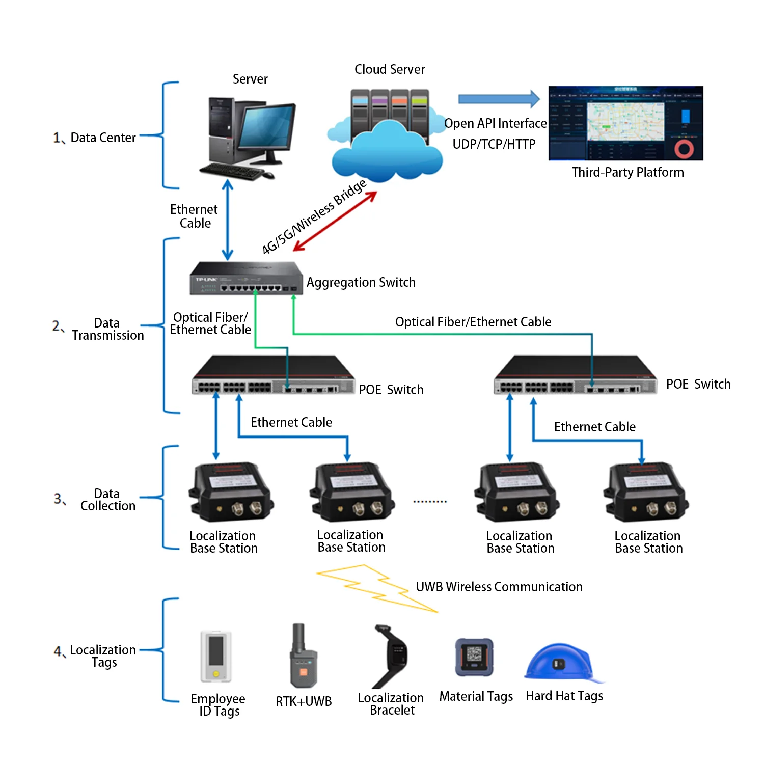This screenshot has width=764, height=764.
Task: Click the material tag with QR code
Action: click(x=474, y=657)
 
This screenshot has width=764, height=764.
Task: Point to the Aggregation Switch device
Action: click(x=245, y=279)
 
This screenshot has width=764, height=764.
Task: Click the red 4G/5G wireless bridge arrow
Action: click(x=335, y=222)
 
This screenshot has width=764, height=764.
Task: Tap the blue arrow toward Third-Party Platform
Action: click(x=498, y=99)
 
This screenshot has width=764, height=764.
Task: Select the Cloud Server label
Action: click(x=390, y=69)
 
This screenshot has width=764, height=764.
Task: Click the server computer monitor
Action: click(x=267, y=127)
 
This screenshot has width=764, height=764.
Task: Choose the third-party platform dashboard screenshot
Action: click(x=625, y=123)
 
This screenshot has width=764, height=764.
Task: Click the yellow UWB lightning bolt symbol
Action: click(x=377, y=588)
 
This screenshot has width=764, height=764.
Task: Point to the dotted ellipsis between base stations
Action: click(x=430, y=502)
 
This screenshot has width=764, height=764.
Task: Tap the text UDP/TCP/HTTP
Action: click(x=494, y=144)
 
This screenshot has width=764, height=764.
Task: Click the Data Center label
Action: click(x=103, y=138)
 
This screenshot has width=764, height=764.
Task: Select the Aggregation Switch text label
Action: click(x=361, y=282)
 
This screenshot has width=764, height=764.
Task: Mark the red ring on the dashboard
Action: click(x=684, y=149)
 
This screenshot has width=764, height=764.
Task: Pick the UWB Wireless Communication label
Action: click(x=499, y=587)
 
